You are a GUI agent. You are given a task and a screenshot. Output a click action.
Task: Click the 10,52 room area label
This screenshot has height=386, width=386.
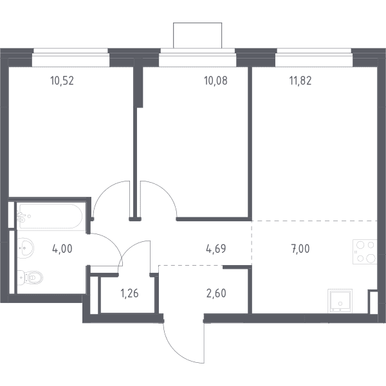pyautogui.click(x=62, y=81)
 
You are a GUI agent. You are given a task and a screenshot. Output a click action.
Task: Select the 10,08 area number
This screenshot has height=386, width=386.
pyautogui.click(x=216, y=81)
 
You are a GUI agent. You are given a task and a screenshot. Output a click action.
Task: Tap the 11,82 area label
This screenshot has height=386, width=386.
pyautogui.click(x=300, y=81)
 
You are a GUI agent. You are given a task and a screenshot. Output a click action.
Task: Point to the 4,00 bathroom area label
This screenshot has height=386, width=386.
pyautogui.click(x=62, y=249)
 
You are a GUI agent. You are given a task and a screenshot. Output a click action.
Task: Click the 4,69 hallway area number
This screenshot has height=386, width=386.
pyautogui.click(x=216, y=249)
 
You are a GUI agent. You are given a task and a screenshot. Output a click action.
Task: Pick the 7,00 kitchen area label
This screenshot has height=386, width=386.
pyautogui.click(x=300, y=249)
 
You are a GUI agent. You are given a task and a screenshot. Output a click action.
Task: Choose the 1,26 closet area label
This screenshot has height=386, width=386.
pyautogui.click(x=129, y=293)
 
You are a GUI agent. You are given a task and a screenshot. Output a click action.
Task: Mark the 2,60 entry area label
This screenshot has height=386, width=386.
pyautogui.click(x=216, y=293)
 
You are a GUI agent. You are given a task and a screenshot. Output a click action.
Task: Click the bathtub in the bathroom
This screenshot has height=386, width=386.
pyautogui.click(x=50, y=216)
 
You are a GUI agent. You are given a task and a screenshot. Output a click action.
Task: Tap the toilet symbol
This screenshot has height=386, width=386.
pyautogui.click(x=30, y=278)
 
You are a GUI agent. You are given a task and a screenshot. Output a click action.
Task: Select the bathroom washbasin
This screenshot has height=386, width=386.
pyautogui.click(x=25, y=248)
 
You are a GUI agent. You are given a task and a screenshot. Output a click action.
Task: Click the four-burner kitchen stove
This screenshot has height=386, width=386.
pyautogui.click(x=365, y=252)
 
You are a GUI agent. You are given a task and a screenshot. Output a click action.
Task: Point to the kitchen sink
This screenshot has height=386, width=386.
pyautogui.click(x=340, y=301)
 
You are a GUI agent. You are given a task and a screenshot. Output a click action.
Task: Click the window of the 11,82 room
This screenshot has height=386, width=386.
pyautogui.click(x=314, y=58)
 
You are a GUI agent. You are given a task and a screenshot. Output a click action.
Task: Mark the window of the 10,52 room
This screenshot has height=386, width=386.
pyautogui.click(x=71, y=58)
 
